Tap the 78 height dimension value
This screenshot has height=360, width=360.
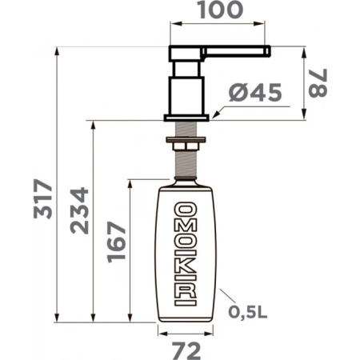tap(318, 83)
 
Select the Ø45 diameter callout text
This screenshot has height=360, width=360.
tap(255, 93)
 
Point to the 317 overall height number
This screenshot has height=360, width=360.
tap(43, 199)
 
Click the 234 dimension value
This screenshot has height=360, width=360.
tap(79, 210)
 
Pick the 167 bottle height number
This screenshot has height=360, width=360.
tap(116, 242)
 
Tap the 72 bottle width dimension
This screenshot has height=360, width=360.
tap(186, 351)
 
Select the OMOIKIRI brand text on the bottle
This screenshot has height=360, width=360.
tap(186, 254)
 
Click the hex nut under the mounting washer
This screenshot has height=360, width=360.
tap(186, 146)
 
